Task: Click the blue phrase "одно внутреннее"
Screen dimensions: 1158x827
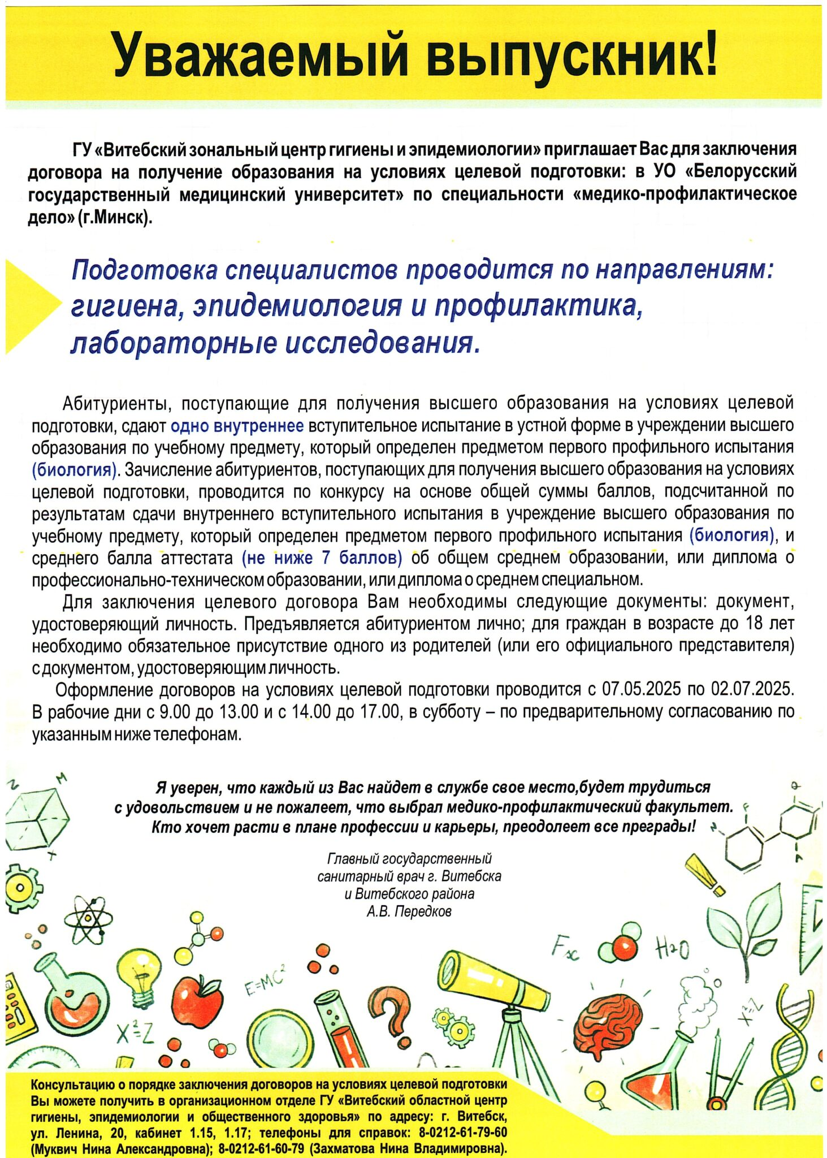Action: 237,425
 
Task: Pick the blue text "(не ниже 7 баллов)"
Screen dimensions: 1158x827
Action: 322,558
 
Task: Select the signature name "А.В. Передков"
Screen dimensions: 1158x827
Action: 409,911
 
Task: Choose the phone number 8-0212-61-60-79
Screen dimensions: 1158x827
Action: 261,1148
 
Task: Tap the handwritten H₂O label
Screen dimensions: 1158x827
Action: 672,948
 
